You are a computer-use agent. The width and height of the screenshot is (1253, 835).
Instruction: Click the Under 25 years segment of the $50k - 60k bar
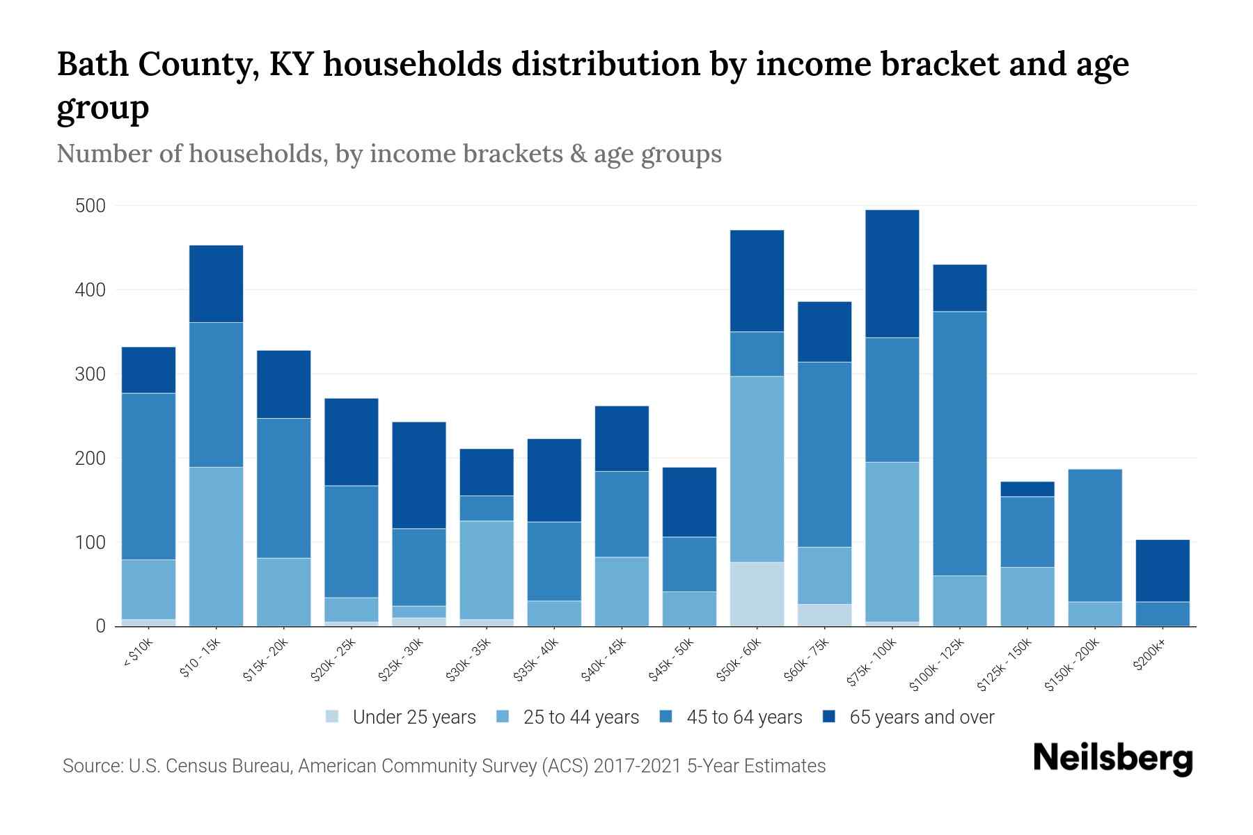point(757,594)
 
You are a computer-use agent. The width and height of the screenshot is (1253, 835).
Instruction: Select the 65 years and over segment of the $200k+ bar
point(1162,571)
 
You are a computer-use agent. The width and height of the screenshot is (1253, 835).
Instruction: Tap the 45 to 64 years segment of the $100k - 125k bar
point(959,443)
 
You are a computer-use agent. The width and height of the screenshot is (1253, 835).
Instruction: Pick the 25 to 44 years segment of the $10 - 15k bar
point(216,546)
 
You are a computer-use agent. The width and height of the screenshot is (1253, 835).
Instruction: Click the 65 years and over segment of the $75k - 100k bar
point(892,273)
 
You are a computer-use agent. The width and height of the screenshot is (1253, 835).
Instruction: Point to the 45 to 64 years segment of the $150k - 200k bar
point(1094,535)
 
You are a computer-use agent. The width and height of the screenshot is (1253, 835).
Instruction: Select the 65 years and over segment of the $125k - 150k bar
point(1027,489)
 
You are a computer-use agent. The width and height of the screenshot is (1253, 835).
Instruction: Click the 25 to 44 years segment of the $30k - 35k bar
point(487,569)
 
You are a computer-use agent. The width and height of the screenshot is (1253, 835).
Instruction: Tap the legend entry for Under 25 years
point(413,717)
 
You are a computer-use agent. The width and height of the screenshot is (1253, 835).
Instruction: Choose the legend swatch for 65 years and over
point(829,717)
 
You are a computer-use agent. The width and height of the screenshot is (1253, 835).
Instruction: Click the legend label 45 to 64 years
point(743,717)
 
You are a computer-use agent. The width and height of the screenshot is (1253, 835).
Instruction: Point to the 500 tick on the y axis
point(90,206)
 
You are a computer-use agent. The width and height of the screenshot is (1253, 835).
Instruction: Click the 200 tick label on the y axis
point(90,459)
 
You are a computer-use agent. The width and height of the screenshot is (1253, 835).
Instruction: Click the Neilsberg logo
point(1112,758)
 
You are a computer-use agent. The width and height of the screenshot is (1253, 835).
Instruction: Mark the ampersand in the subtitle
point(576,154)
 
